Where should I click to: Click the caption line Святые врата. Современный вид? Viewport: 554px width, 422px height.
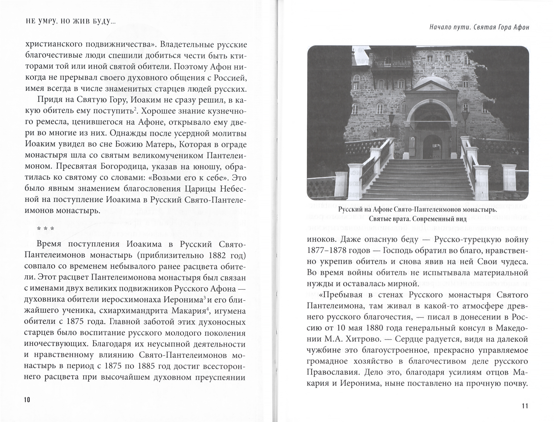pyautogui.click(x=418, y=219)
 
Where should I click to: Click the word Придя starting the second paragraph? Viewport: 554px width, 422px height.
pyautogui.click(x=50, y=100)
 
